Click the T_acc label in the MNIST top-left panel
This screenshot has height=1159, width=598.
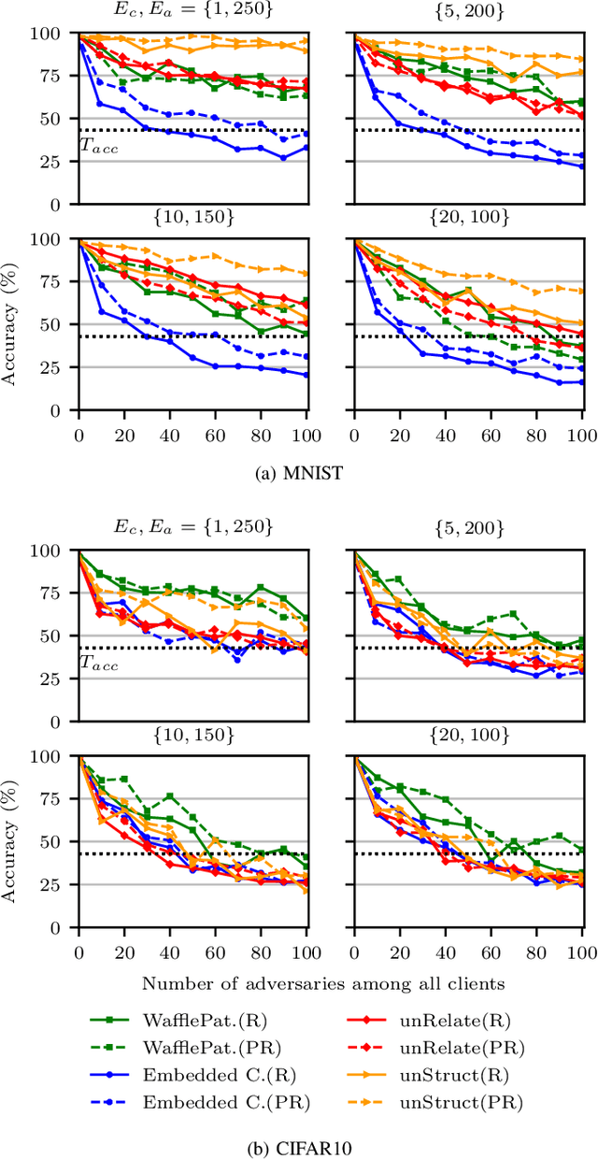point(97,145)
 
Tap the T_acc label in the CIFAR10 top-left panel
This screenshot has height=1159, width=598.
point(97,663)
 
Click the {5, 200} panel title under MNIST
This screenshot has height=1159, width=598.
point(470,12)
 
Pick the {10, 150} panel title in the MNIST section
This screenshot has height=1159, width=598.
point(193,218)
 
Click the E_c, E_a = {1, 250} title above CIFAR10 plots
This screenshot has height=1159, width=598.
point(194,528)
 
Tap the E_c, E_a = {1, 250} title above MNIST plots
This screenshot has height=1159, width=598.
point(194,12)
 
